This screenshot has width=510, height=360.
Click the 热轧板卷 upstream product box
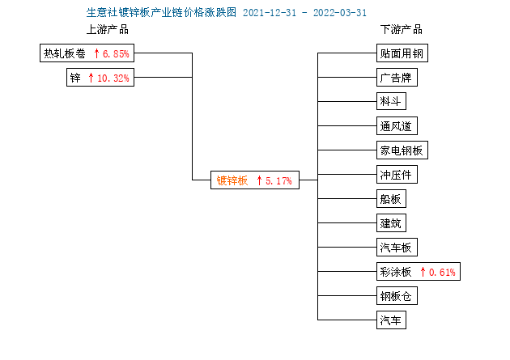coord(87,53)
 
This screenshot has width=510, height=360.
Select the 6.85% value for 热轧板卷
coord(116,53)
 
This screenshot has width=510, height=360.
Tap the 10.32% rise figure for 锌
coord(113,78)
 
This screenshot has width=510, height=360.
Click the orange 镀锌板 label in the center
coord(232,180)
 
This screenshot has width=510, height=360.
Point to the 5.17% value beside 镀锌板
coord(278,180)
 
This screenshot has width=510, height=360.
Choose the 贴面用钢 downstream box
coord(402,53)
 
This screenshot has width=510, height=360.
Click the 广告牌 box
coord(397,78)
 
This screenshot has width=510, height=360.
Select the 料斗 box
coord(391,101)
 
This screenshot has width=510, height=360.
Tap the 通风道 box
coord(397,125)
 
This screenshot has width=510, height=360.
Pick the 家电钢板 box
coord(402,150)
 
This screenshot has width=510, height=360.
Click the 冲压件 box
coord(397,175)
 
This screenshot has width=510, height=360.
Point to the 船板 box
coord(391,198)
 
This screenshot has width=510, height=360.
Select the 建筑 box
coord(391,223)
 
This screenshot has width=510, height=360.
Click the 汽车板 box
coord(397,248)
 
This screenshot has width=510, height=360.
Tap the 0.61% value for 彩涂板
coord(442,272)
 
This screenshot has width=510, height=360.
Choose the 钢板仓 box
coord(397,295)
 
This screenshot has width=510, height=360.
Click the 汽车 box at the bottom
coord(391,320)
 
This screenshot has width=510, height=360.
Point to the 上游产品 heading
coord(108,30)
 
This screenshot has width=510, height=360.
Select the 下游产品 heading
coord(402,30)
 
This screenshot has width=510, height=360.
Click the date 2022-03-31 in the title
coord(340,13)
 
